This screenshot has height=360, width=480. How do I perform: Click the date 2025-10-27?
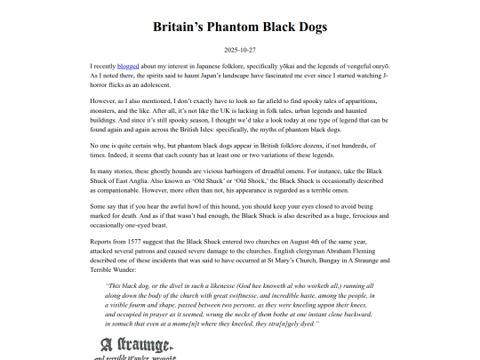pyautogui.click(x=240, y=50)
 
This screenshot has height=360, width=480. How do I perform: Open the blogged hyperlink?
pyautogui.click(x=128, y=66)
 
